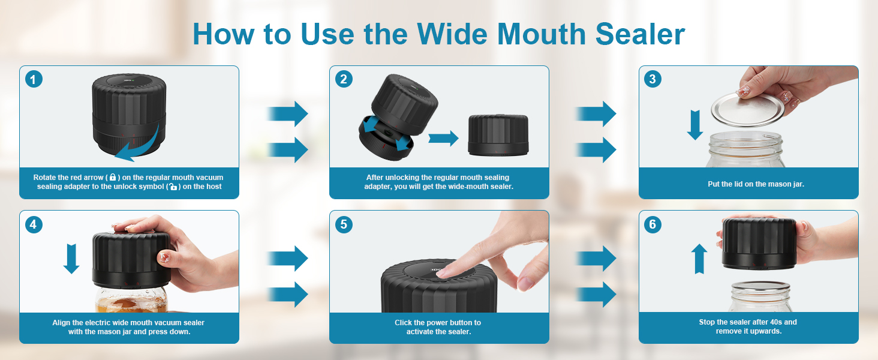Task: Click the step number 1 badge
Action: pyautogui.click(x=34, y=79)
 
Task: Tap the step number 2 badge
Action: pyautogui.click(x=344, y=79)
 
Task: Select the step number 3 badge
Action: pyautogui.click(x=653, y=79)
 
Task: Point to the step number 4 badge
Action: pyautogui.click(x=34, y=224)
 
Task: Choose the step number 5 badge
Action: pyautogui.click(x=344, y=224)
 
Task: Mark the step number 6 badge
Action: pyautogui.click(x=653, y=224)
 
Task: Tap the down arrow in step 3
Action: pyautogui.click(x=695, y=124)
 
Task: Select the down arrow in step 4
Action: pyautogui.click(x=71, y=257)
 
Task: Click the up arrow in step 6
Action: pyautogui.click(x=699, y=259)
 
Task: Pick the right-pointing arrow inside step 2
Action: pyautogui.click(x=443, y=139)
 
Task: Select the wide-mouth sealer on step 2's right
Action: pyautogui.click(x=498, y=135)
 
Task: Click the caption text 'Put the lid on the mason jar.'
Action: pyautogui.click(x=756, y=184)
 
